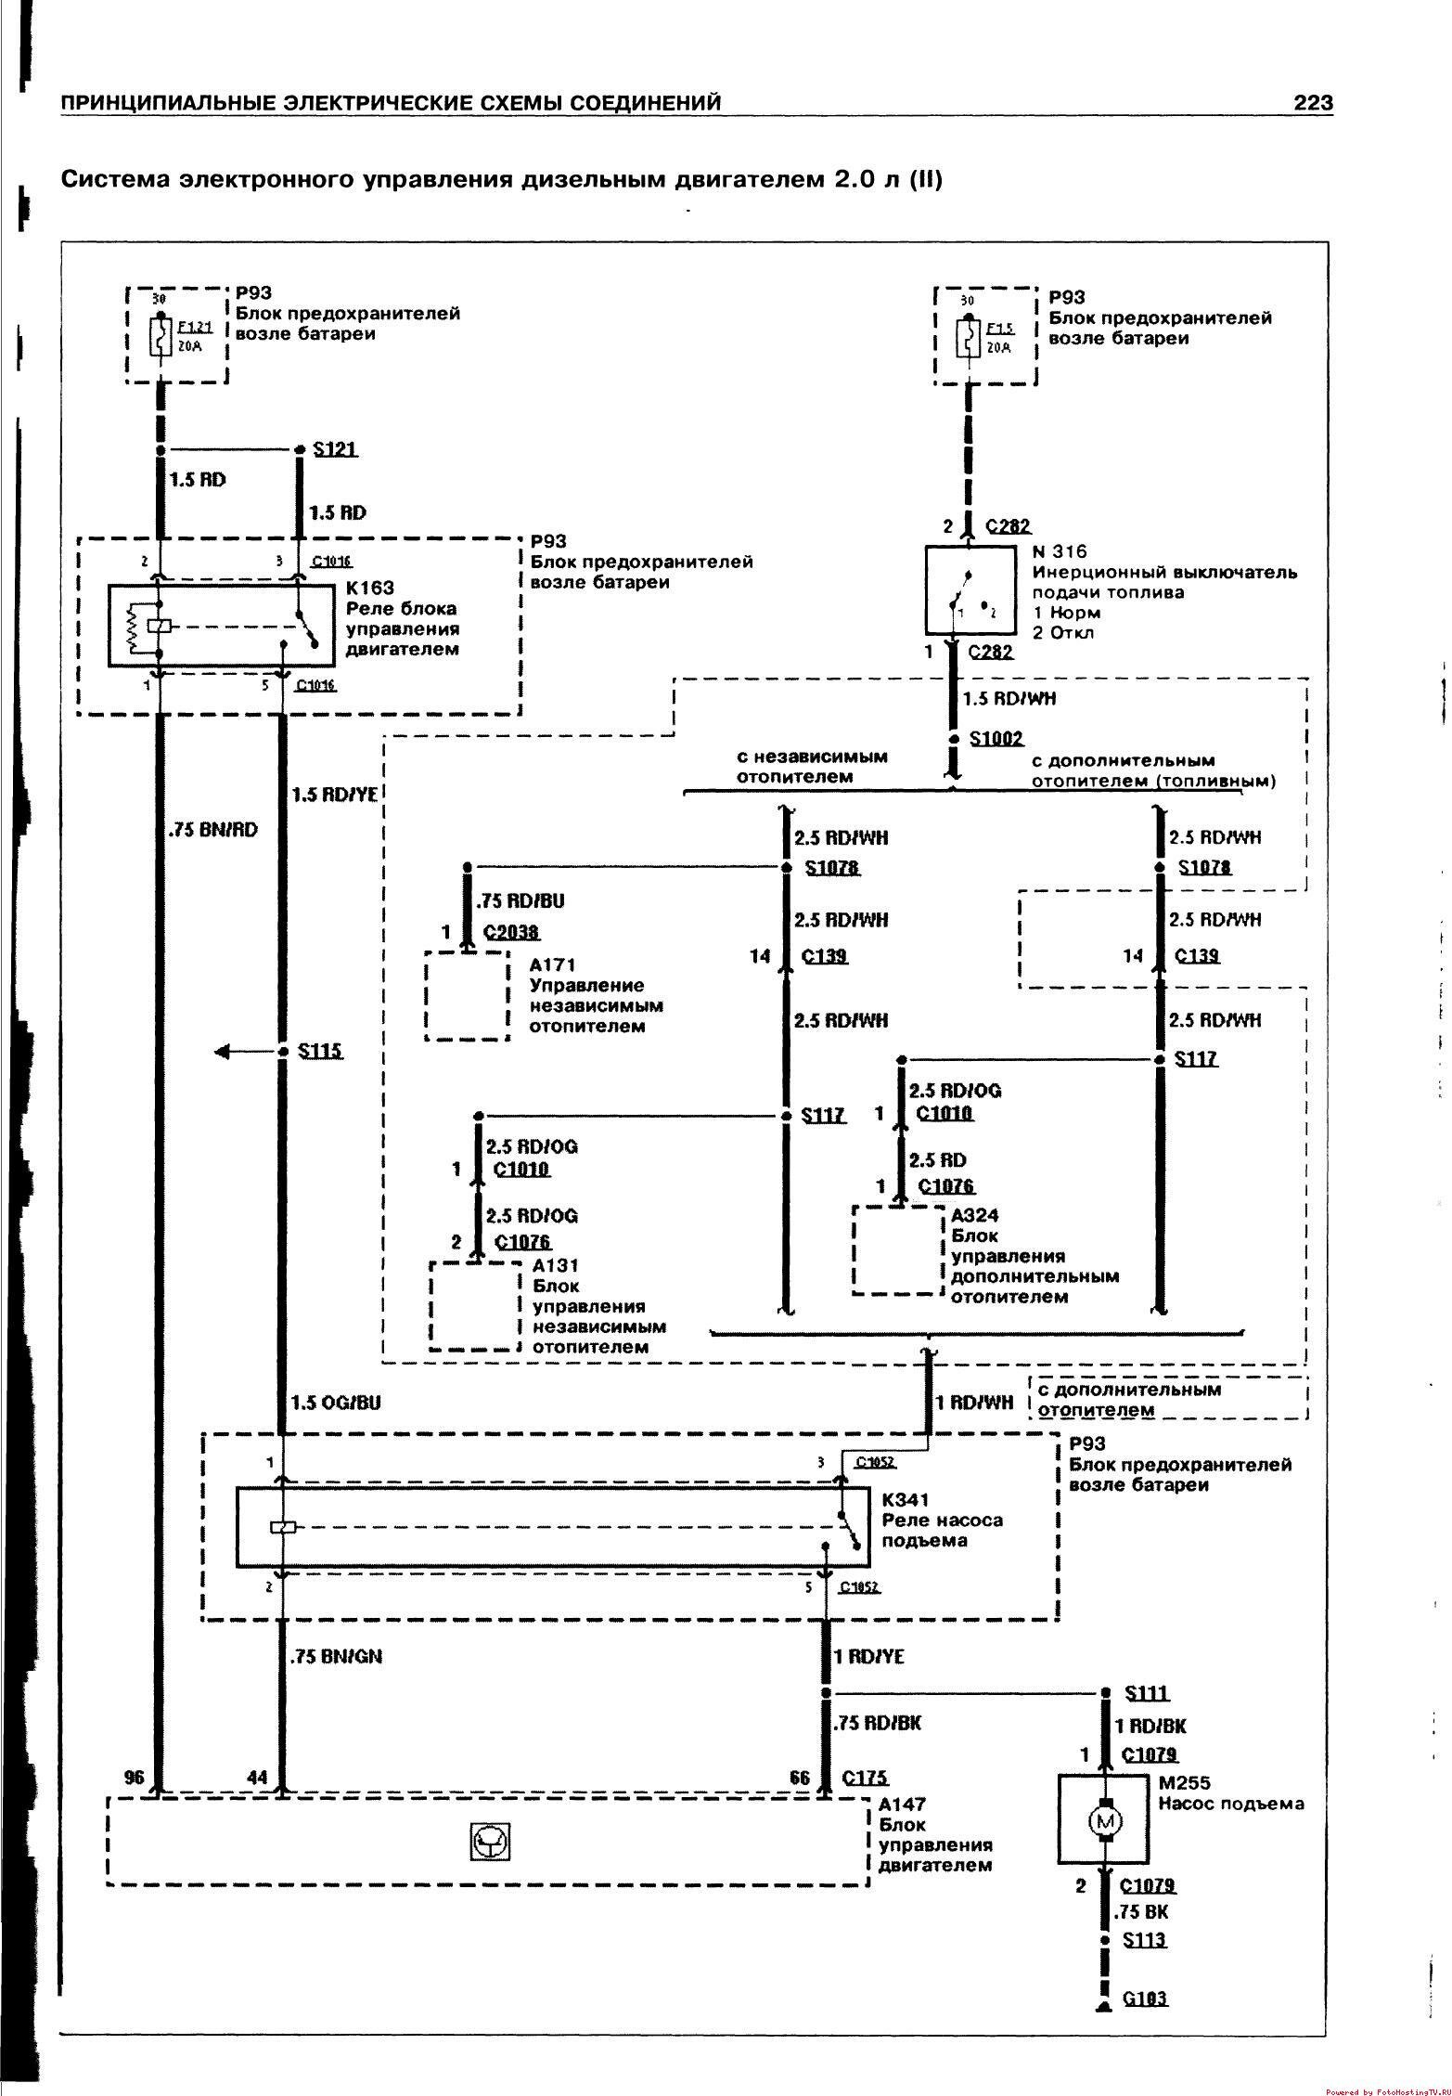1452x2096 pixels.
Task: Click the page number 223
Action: point(1313,102)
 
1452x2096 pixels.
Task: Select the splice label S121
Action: point(335,449)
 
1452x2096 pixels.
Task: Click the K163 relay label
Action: point(369,588)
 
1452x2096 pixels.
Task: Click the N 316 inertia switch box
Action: point(970,589)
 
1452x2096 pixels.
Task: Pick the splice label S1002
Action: point(996,739)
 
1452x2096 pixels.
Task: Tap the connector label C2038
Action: point(511,932)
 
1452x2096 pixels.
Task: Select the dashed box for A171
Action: point(468,995)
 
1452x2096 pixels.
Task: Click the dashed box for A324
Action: point(897,1249)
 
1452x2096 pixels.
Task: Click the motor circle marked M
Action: point(1105,1821)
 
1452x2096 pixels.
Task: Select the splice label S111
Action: point(1147,1693)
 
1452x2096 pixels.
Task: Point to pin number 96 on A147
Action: point(135,1778)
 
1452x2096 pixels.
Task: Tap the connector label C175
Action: point(865,1778)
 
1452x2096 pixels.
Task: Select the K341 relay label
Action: point(906,1499)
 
